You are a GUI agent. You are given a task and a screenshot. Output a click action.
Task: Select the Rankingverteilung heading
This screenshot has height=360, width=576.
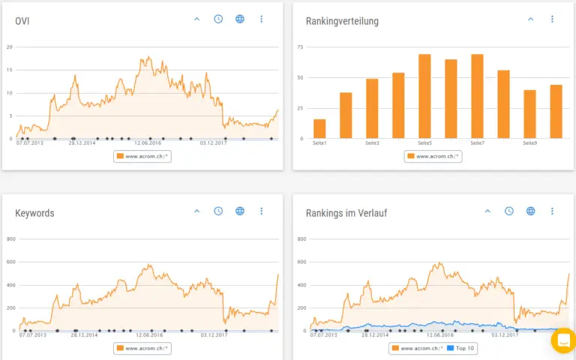342,21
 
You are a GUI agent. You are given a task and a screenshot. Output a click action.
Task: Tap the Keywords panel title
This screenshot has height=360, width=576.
34,213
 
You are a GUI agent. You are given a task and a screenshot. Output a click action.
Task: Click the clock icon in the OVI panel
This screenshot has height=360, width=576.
218,19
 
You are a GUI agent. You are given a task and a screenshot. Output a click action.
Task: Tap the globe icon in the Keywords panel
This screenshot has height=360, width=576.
240,211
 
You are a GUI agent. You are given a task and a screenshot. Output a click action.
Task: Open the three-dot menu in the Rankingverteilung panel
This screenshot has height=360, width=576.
552,19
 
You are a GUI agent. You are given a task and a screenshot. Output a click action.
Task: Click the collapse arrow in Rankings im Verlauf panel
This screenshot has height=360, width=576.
487,211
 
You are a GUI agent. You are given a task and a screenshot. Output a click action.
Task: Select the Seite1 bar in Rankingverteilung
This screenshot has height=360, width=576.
319,128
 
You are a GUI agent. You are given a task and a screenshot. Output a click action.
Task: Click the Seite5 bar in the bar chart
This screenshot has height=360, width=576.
424,96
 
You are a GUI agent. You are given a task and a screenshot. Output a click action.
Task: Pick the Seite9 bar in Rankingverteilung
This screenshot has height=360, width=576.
529,114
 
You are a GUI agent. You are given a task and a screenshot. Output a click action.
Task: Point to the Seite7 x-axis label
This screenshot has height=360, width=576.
477,143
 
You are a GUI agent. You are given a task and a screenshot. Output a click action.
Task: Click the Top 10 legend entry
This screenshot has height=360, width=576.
460,349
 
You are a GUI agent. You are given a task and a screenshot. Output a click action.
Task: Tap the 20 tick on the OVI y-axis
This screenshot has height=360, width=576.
10,47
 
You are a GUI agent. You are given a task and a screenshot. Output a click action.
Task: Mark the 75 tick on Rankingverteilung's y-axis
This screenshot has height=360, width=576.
300,47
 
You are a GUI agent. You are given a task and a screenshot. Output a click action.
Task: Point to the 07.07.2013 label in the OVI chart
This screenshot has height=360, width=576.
30,143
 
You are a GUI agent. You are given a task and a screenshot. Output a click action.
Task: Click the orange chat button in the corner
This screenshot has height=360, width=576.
563,340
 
